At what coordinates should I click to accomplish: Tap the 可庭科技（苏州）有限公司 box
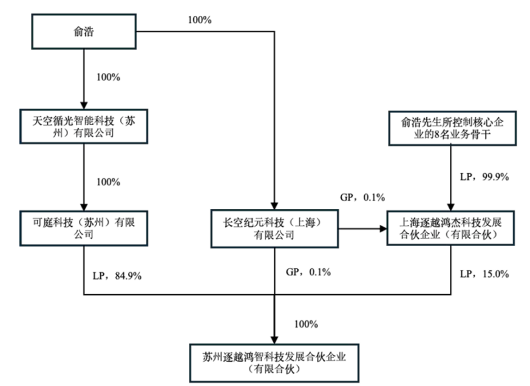pyautogui.click(x=83, y=227)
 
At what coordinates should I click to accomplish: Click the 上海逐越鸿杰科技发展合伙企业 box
pyautogui.click(x=449, y=227)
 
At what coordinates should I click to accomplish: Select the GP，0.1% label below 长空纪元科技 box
pyautogui.click(x=308, y=272)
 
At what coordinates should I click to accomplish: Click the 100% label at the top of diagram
pyautogui.click(x=200, y=19)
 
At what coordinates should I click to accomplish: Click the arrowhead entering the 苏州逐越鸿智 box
pyautogui.click(x=274, y=337)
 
